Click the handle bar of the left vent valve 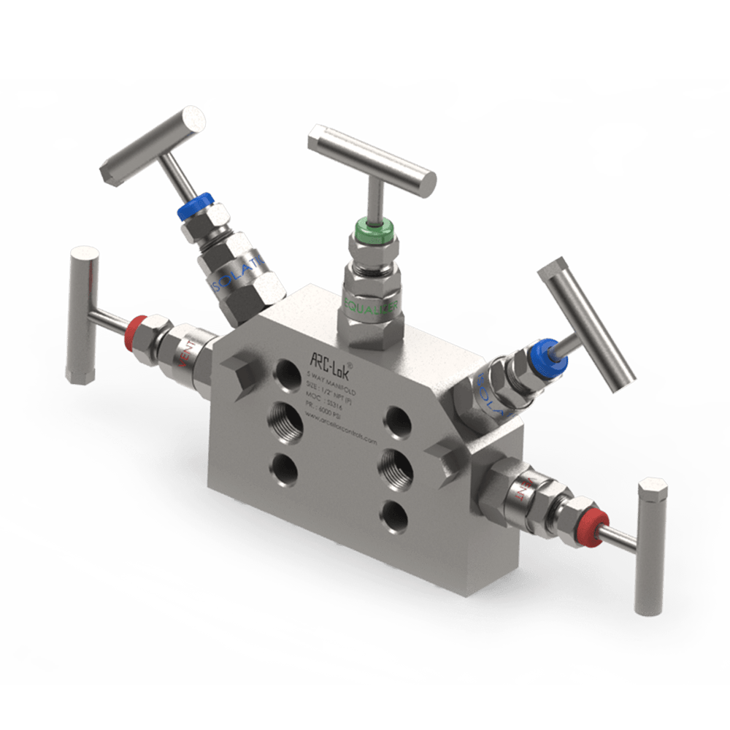[82, 314]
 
